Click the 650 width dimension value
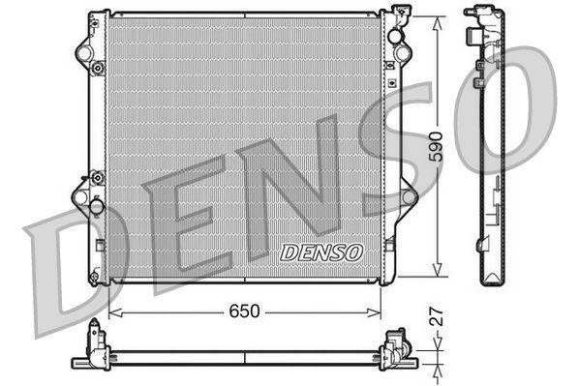pos(245,313)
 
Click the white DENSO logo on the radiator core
pos(320,252)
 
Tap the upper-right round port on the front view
pos(395,37)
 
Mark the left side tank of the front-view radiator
pos(96,145)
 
